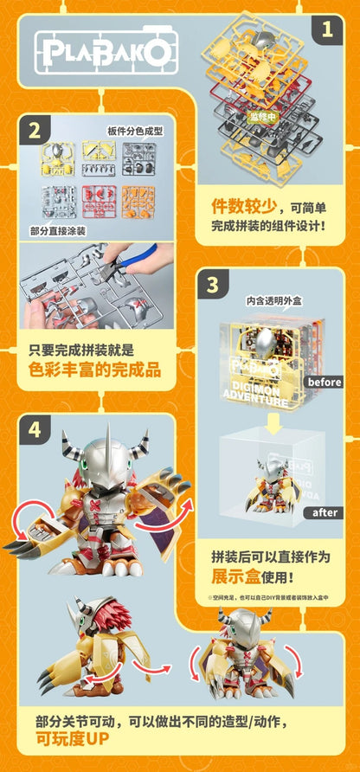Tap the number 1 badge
(326, 30)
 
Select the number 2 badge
(34, 132)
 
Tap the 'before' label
(325, 382)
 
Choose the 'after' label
(325, 512)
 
